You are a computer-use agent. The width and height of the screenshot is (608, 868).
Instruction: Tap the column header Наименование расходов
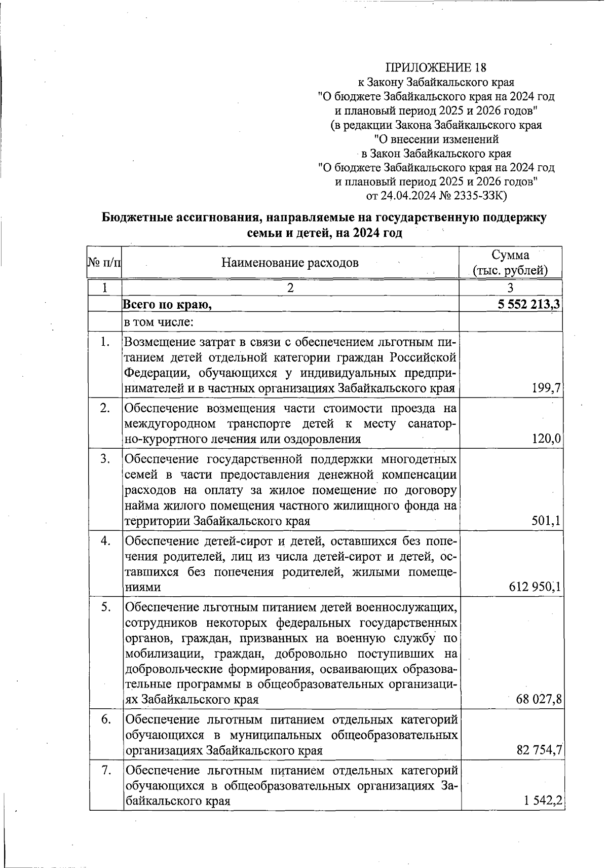290,263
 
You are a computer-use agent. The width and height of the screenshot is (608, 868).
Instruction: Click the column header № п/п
104,263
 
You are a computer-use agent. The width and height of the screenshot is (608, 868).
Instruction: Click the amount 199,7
546,389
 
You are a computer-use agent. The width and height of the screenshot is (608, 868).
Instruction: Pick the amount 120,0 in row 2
546,439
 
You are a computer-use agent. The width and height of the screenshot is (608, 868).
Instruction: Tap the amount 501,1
546,521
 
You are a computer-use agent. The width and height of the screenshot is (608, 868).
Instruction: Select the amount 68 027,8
538,700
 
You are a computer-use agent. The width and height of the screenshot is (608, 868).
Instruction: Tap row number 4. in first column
105,541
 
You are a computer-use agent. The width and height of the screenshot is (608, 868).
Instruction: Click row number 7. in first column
106,770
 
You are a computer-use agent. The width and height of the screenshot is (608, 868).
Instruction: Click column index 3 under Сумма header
510,288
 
